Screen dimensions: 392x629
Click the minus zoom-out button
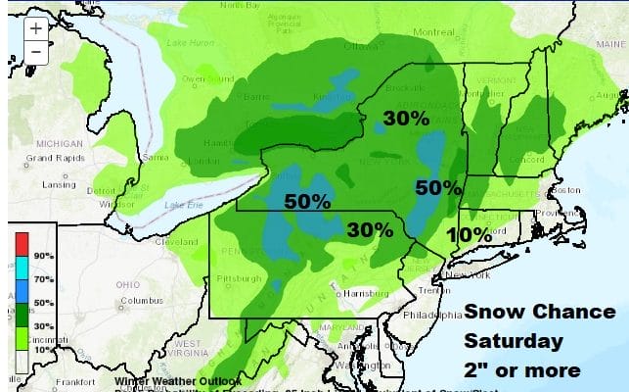click(35, 52)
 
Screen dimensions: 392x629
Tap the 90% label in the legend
click(43, 254)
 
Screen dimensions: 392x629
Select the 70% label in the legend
click(43, 278)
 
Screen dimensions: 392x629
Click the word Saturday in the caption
click(513, 342)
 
